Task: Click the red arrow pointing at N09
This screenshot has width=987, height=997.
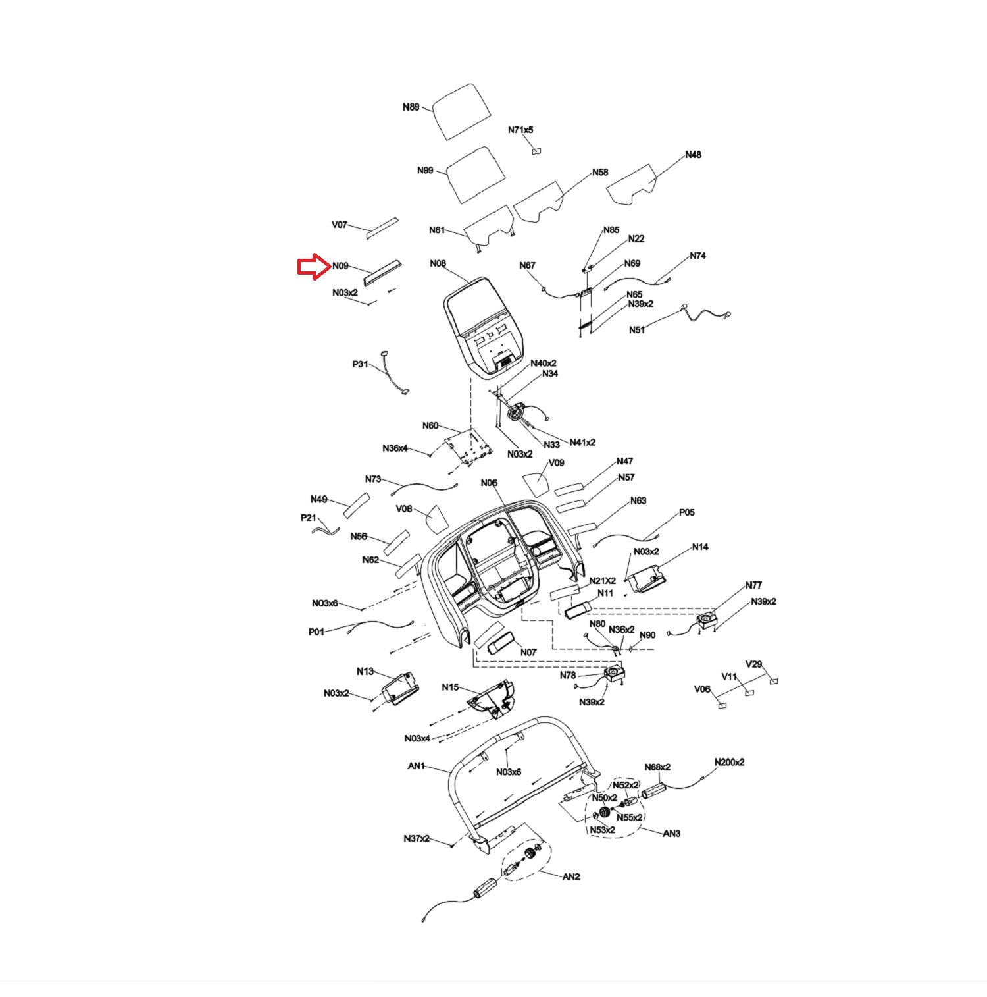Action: [313, 266]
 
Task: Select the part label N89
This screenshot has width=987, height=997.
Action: [411, 107]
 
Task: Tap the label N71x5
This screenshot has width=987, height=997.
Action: [520, 130]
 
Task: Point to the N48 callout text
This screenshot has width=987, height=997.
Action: [693, 155]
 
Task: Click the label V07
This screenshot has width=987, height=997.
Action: [340, 225]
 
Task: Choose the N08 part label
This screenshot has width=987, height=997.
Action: [438, 263]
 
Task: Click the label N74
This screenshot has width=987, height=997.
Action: [697, 256]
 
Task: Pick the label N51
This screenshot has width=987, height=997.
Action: [637, 330]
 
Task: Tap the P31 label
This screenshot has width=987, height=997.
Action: [360, 364]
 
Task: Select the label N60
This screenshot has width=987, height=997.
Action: [430, 425]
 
